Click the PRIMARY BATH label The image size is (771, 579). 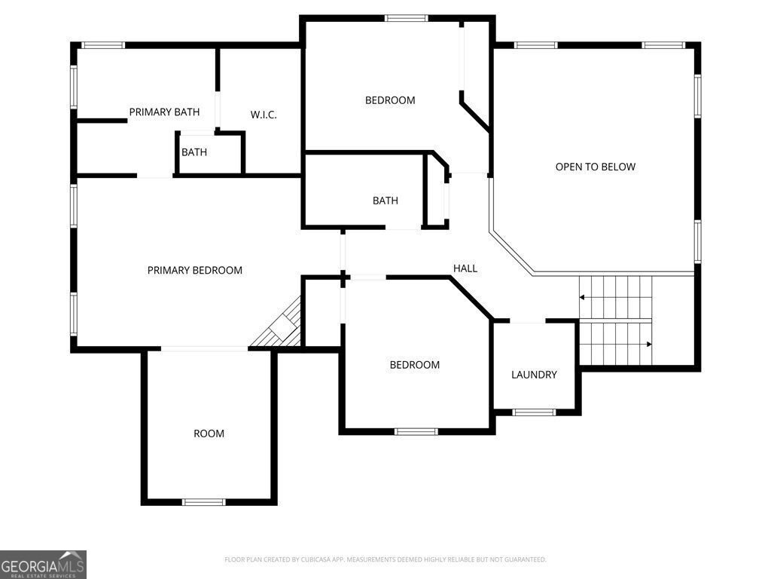point(164,112)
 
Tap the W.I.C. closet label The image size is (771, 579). point(264,115)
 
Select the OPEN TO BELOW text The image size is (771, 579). point(595,167)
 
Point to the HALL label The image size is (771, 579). point(465,268)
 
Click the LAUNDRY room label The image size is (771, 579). point(534,375)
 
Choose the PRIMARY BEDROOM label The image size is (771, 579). point(194,270)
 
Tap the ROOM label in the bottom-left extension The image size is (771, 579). point(209,433)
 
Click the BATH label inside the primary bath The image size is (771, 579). point(194,152)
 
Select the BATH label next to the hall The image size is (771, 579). point(385,201)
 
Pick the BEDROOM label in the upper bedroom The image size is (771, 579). point(390,100)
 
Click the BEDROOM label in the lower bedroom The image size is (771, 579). point(414,365)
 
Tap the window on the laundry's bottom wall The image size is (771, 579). point(534,412)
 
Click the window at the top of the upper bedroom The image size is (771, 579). point(406,18)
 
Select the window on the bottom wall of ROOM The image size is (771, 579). point(203,501)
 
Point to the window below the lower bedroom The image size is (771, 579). point(416,431)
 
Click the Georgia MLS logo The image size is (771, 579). point(43,565)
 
